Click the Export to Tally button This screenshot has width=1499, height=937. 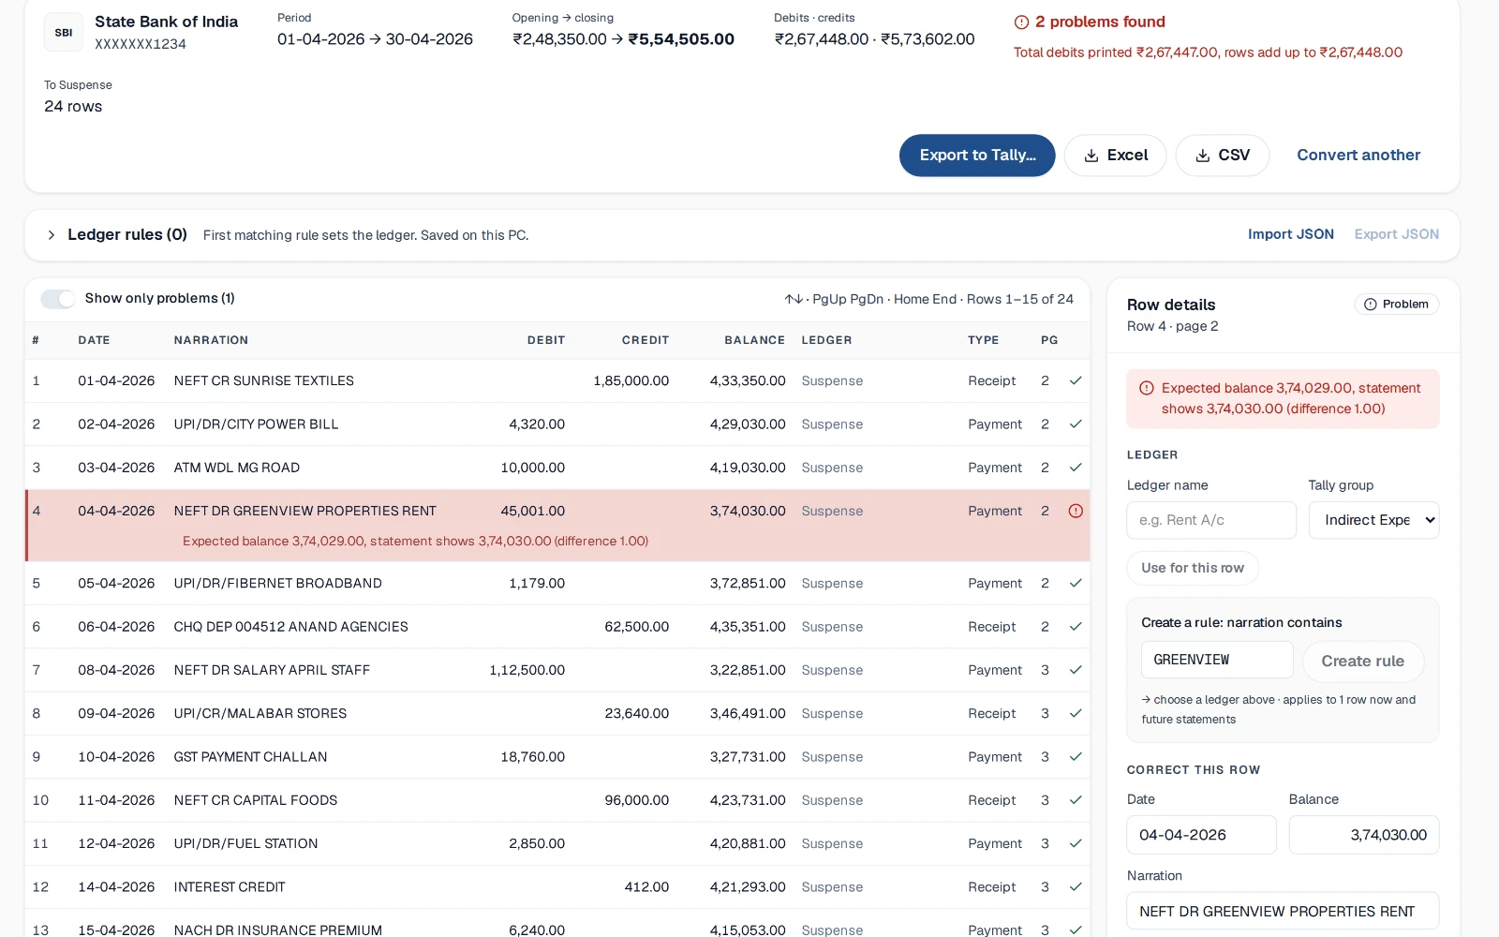pos(977,156)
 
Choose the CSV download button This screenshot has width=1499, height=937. pos(1222,156)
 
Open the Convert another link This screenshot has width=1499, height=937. pos(1358,156)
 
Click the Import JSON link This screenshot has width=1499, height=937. pos(1290,234)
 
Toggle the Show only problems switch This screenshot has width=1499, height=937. pos(57,299)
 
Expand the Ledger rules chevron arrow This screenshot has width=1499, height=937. pos(51,235)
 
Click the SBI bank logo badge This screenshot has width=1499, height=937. pos(64,32)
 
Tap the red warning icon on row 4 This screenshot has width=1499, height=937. pos(1076,512)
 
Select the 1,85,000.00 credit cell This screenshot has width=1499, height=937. pos(631,380)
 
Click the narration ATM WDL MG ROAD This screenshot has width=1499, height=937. pos(236,468)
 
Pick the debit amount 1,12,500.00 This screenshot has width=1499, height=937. pos(527,670)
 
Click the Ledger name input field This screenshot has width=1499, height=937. pos(1211,520)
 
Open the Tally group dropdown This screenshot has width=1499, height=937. pos(1373,520)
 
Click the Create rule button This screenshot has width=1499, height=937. pos(1362,662)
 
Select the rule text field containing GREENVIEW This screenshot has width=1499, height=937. pos(1217,660)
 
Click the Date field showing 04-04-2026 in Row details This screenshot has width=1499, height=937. pos(1201,835)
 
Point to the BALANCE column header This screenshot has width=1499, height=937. pos(754,340)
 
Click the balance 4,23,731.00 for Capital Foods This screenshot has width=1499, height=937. pos(748,800)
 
